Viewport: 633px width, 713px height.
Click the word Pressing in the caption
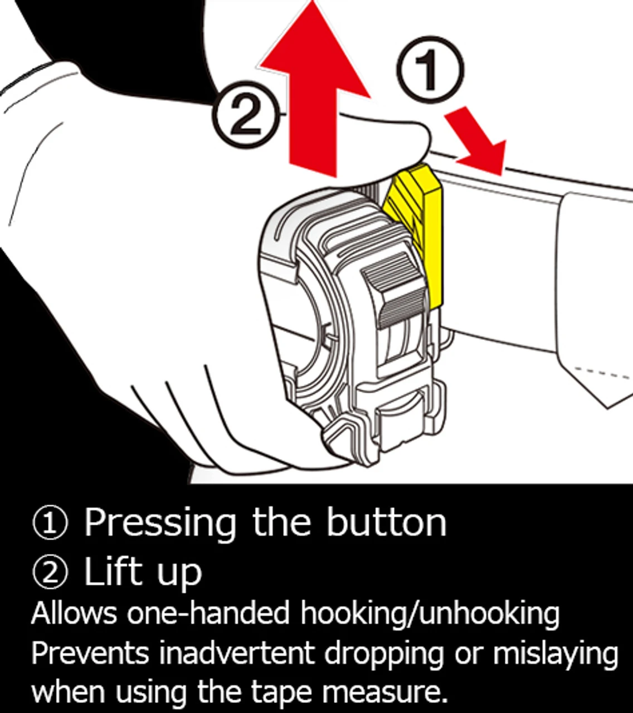point(160,524)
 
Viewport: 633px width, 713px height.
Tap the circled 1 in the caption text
point(50,524)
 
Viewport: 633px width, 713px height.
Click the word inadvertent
point(240,653)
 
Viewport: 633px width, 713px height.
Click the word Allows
point(74,613)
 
